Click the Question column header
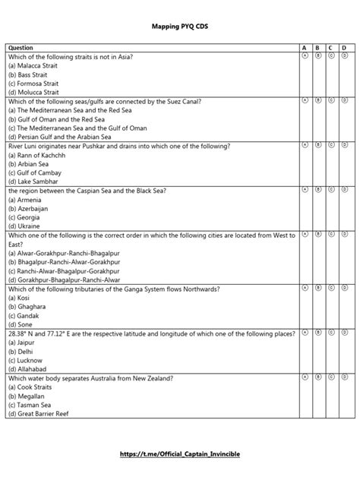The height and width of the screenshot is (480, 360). coord(21,48)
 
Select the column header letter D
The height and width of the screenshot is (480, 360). coord(343,48)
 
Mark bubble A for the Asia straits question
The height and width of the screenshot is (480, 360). coord(305,56)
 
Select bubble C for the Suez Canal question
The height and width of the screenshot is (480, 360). coord(330,100)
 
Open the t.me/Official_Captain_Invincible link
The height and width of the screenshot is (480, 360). coord(180,453)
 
